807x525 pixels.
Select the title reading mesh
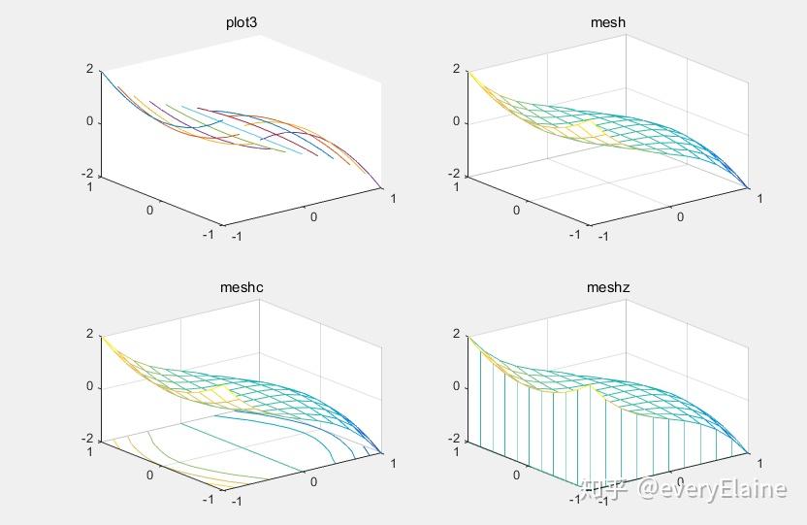coord(607,22)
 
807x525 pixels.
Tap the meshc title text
coord(241,287)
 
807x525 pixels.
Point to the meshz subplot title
coord(607,287)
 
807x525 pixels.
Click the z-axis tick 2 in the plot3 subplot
coord(89,69)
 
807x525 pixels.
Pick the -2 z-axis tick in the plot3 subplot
coord(87,175)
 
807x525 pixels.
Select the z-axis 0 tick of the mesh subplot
coord(456,122)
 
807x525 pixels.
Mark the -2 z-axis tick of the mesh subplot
coord(454,175)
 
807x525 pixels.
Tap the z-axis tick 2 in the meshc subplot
coord(89,334)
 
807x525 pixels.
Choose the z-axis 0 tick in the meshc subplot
coord(89,386)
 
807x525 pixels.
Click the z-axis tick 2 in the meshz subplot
coord(456,334)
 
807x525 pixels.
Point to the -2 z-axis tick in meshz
coord(454,440)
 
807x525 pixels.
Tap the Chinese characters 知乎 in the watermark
coord(603,488)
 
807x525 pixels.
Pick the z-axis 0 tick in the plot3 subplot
coord(89,122)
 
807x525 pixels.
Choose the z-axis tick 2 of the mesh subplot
coord(456,69)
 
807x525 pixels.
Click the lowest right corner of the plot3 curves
coord(381,187)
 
